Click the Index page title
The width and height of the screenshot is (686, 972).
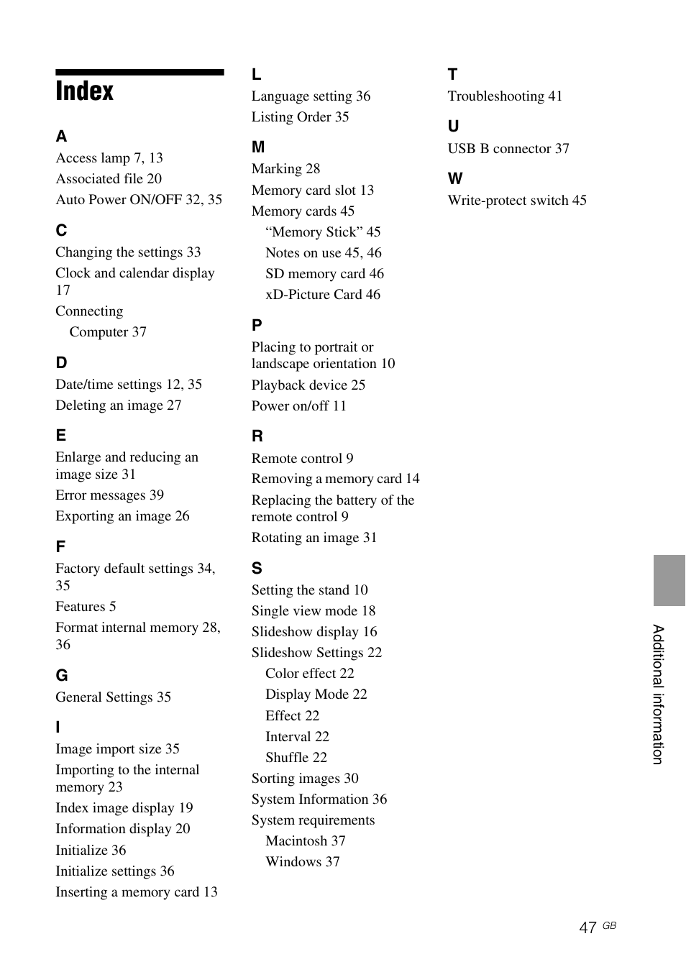85,91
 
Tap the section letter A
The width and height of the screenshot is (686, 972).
62,137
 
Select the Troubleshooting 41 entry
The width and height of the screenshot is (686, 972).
505,96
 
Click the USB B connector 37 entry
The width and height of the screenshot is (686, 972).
508,149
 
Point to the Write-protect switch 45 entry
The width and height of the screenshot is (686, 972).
516,201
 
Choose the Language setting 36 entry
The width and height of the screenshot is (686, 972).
311,96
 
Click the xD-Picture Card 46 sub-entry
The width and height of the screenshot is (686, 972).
322,295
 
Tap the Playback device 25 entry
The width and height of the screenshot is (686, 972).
308,385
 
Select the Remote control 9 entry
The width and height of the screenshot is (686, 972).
302,459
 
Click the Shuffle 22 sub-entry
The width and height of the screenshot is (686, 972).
296,758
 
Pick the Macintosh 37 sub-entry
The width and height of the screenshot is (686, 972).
305,841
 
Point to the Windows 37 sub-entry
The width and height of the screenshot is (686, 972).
302,862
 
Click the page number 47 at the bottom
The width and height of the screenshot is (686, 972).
587,927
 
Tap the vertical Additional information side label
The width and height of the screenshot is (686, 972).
658,694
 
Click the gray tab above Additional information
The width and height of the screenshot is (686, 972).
669,580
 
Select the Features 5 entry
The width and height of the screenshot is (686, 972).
86,607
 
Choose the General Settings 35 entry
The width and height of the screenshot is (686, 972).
113,697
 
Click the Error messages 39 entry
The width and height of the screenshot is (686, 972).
109,495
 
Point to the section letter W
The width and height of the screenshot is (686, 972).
455,179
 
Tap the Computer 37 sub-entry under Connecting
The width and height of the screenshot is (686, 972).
108,332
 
